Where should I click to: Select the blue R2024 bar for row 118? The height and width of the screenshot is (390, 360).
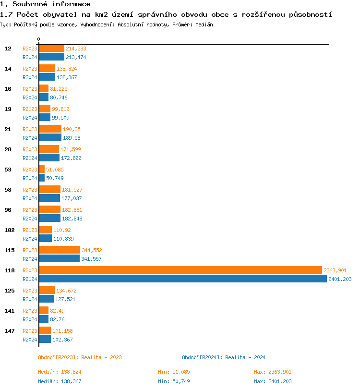(182, 279)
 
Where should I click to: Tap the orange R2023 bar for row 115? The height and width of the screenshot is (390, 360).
(59, 250)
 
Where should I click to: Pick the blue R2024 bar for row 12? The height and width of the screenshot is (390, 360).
(51, 57)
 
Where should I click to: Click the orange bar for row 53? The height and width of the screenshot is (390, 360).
(42, 169)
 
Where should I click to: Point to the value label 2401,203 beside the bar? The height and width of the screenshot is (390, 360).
(340, 279)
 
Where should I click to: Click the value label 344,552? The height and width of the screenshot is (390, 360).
(92, 250)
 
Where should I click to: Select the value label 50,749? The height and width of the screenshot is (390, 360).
(55, 178)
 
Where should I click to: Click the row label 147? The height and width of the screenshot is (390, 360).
(10, 331)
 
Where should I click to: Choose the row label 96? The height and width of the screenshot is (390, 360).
(8, 210)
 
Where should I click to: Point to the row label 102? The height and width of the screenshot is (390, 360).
(10, 230)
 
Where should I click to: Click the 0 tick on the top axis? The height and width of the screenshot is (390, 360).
(39, 39)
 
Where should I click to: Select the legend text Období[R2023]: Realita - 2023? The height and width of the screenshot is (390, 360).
(80, 357)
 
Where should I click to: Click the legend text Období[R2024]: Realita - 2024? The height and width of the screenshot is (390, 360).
(224, 357)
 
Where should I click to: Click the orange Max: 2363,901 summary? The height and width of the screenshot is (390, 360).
(273, 372)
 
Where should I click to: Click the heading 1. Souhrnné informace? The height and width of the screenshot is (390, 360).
(45, 4)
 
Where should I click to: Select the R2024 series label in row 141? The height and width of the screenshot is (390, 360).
(30, 319)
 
